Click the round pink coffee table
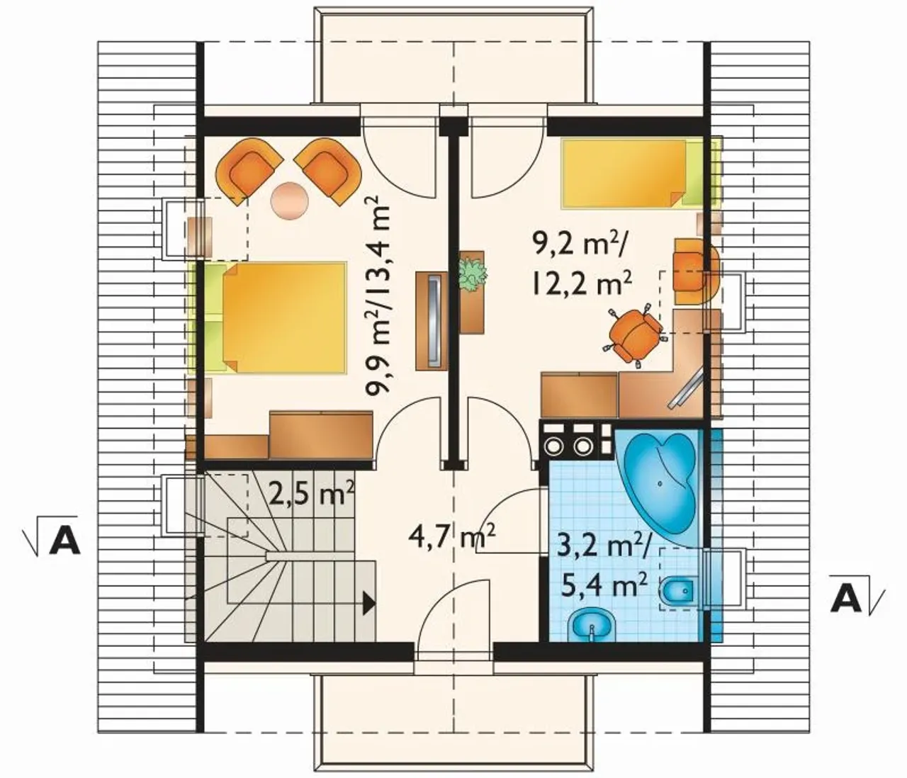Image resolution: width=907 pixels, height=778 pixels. click(x=290, y=201)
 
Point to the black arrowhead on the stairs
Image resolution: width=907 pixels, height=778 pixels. click(x=370, y=604)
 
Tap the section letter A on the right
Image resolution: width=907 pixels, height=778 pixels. click(x=845, y=599)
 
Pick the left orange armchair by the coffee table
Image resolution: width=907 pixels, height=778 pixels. click(x=249, y=167)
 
